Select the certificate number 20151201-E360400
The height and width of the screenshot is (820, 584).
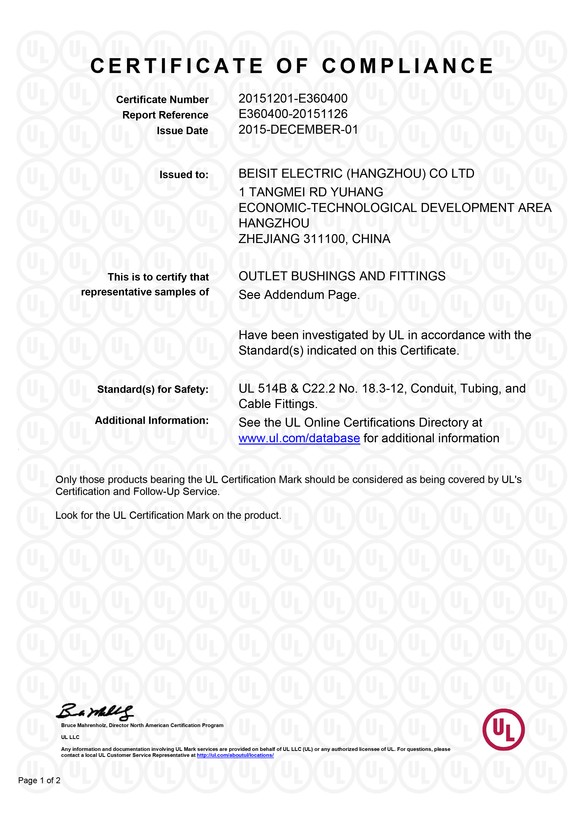click(x=293, y=98)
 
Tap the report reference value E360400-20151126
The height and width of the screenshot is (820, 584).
click(x=293, y=114)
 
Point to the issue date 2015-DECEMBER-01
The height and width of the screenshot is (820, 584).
click(x=298, y=129)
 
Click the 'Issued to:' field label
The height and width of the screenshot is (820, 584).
click(x=184, y=175)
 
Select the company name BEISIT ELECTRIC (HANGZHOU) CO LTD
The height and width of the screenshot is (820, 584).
click(x=356, y=174)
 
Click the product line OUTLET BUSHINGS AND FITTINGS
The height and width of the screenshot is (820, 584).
click(x=342, y=276)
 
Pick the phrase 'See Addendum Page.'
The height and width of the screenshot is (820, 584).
click(x=299, y=295)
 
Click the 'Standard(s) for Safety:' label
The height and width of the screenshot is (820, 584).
click(x=153, y=389)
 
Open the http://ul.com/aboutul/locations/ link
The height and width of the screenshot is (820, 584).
click(x=235, y=755)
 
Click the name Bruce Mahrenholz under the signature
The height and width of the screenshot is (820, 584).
click(x=83, y=726)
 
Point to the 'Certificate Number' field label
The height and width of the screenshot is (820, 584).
click(x=162, y=100)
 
